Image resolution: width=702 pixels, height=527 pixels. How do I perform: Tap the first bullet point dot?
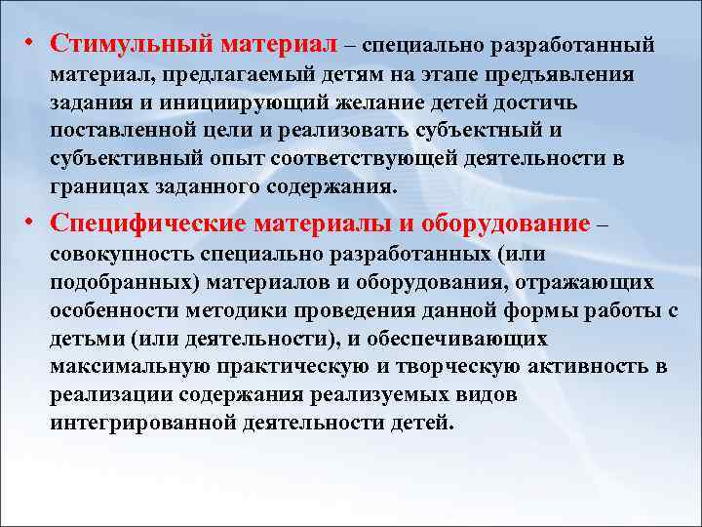tap(32, 45)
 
